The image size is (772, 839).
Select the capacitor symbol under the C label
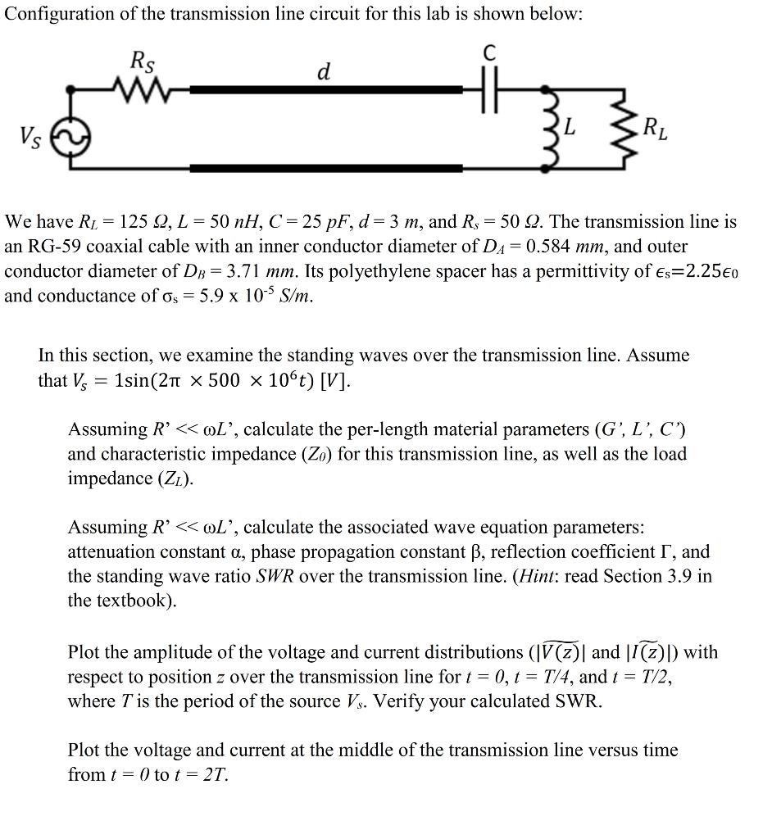tap(488, 88)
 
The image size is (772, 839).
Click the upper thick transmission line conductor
tap(325, 88)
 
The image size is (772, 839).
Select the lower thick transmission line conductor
tap(325, 169)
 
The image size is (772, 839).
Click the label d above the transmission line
tap(324, 72)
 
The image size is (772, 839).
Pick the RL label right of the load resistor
tap(655, 128)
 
